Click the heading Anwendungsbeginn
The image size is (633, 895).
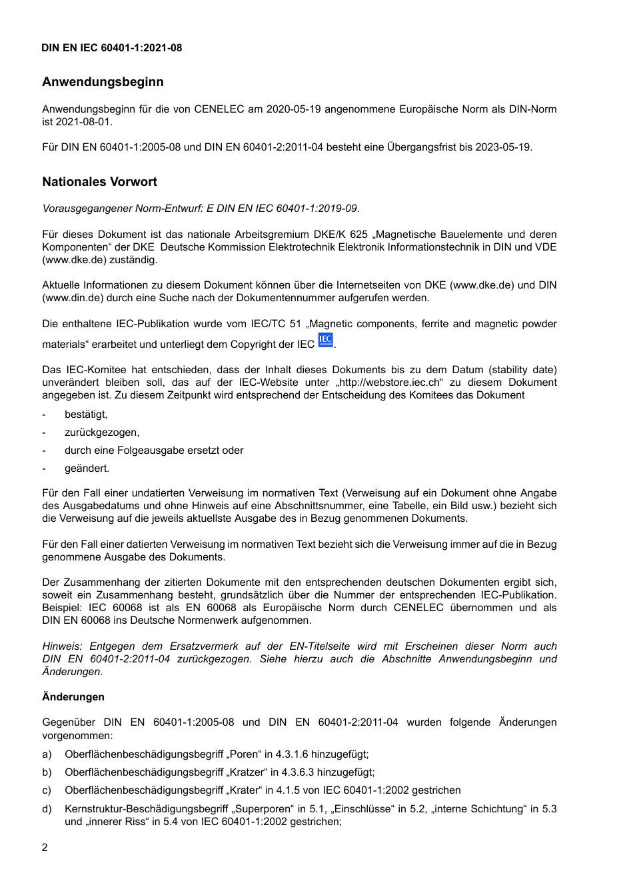click(x=103, y=82)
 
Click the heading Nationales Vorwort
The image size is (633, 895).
click(x=99, y=182)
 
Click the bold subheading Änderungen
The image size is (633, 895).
click(x=73, y=697)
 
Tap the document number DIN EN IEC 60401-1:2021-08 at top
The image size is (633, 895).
click(x=111, y=48)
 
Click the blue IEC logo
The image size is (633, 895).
click(x=325, y=341)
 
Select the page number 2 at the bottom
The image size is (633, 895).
click(x=45, y=848)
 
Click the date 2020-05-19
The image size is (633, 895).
click(x=292, y=109)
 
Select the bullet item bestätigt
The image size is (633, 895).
click(x=86, y=415)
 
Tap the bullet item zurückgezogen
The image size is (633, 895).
click(x=102, y=433)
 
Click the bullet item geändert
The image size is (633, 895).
click(x=87, y=468)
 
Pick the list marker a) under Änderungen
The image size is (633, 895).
click(x=47, y=754)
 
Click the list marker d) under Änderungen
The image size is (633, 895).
click(x=47, y=809)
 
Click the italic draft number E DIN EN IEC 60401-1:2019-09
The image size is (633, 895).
click(x=282, y=209)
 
